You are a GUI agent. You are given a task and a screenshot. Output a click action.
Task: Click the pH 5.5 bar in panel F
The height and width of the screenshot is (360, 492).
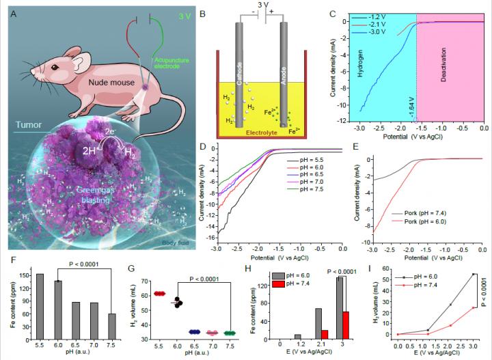(x=40, y=302)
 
